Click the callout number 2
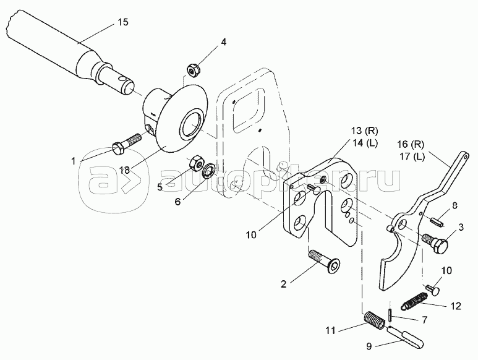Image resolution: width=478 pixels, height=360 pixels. click(x=284, y=284)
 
